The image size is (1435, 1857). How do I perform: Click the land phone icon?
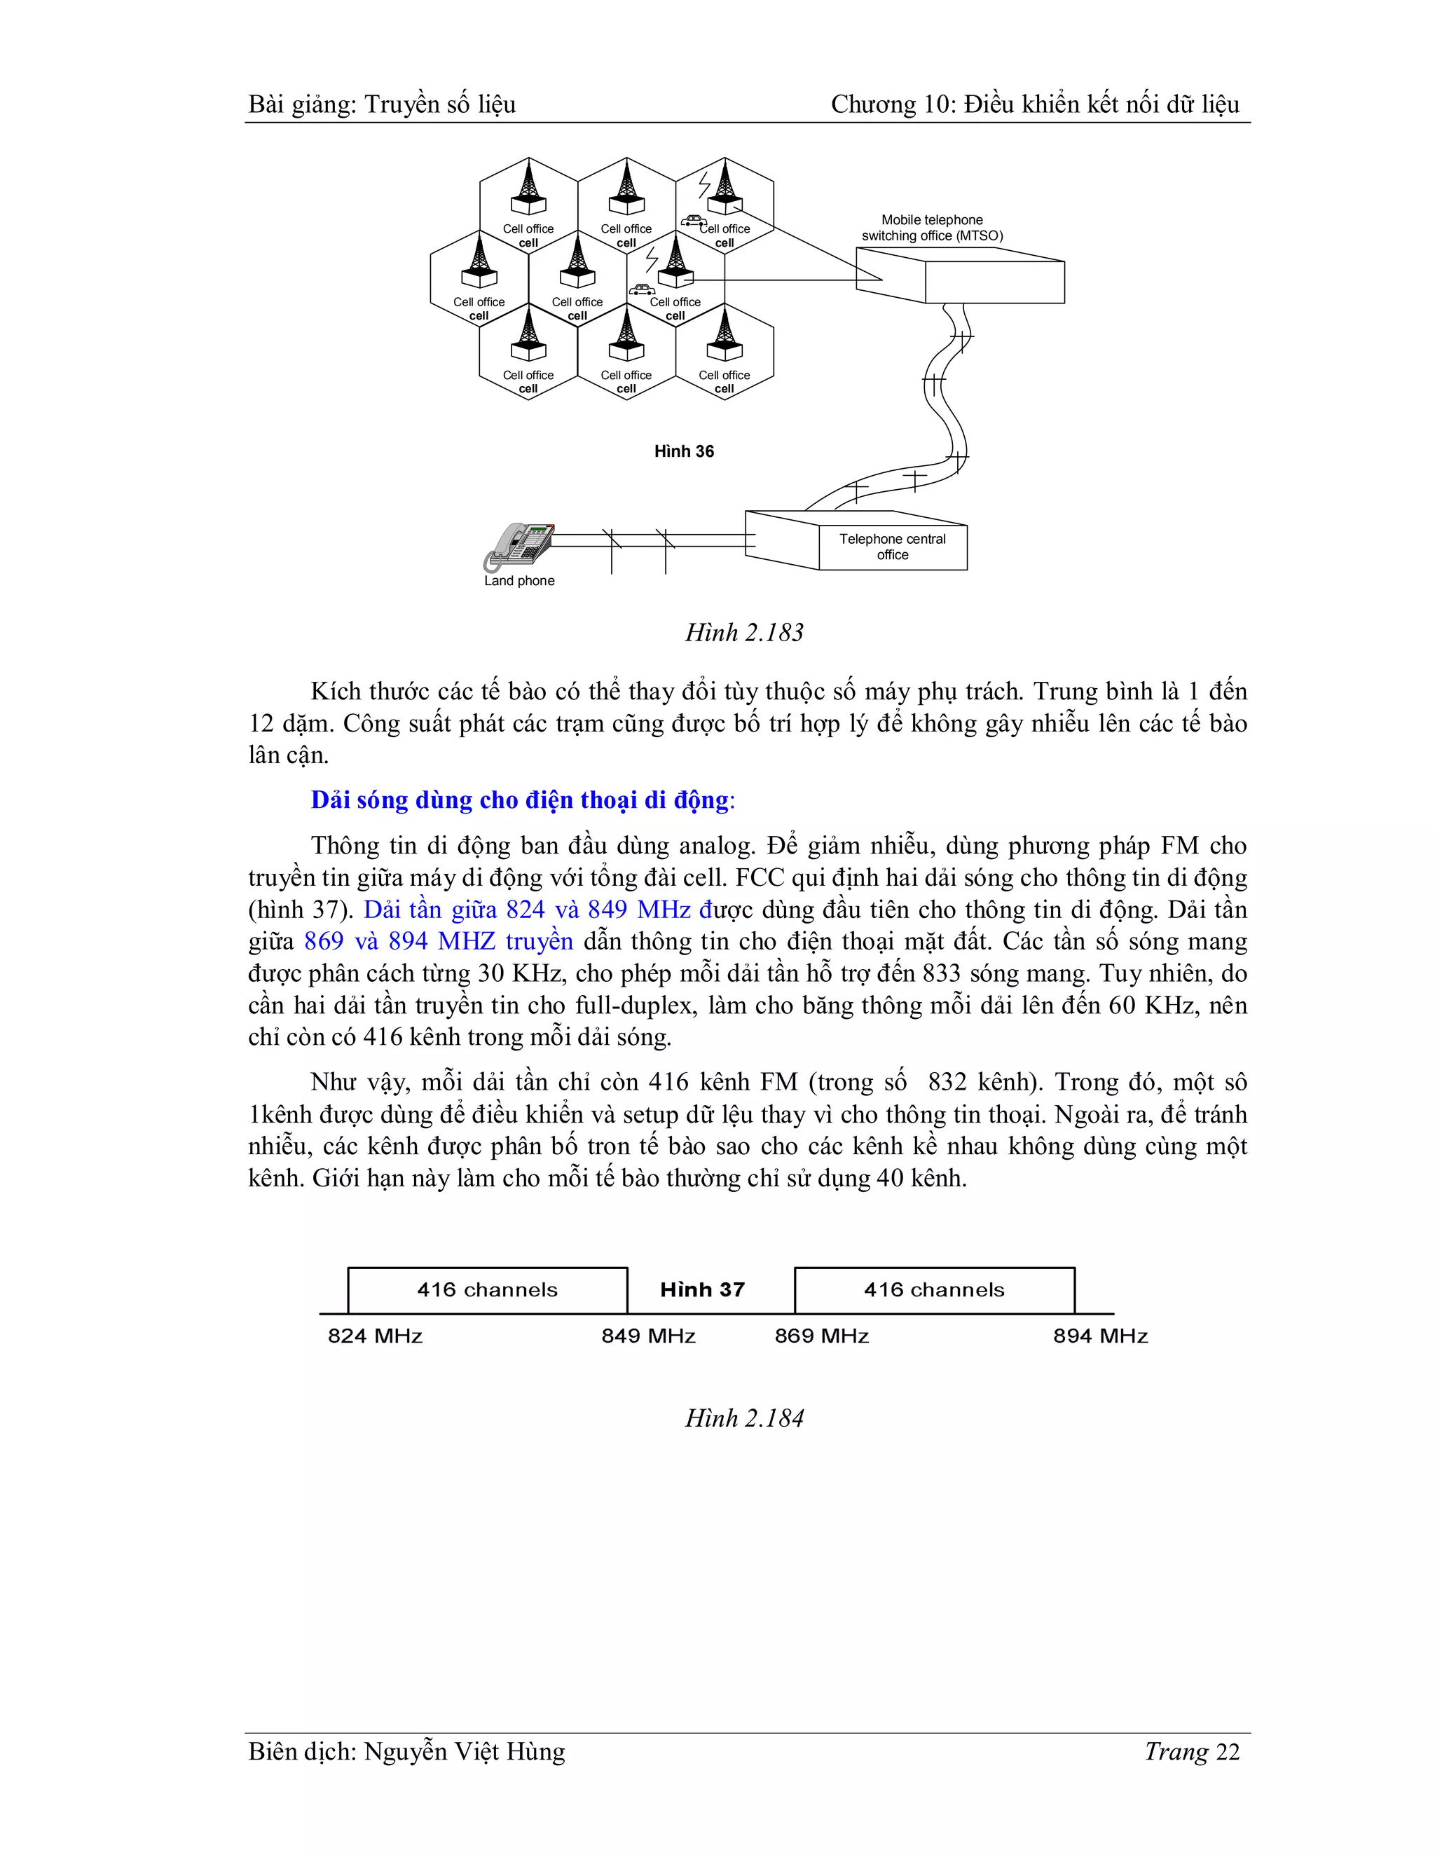click(519, 547)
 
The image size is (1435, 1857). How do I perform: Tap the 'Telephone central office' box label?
click(892, 547)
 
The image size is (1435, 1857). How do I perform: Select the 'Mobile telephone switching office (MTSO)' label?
click(932, 228)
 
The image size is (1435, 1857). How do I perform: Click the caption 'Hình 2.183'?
click(744, 633)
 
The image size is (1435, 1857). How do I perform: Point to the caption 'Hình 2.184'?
click(744, 1418)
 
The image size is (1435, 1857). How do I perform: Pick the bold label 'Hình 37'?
click(702, 1290)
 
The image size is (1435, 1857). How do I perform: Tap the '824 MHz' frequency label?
click(375, 1336)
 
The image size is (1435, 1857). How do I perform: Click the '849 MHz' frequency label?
click(649, 1336)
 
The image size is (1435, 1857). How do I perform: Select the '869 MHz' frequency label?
click(821, 1336)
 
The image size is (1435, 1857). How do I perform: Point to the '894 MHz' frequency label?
click(1100, 1336)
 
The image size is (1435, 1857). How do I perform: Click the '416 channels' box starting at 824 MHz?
click(487, 1291)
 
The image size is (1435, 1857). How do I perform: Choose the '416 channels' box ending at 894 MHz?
click(934, 1291)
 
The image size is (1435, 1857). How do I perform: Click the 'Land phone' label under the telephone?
click(519, 581)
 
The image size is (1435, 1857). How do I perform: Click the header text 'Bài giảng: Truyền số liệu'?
click(382, 104)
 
